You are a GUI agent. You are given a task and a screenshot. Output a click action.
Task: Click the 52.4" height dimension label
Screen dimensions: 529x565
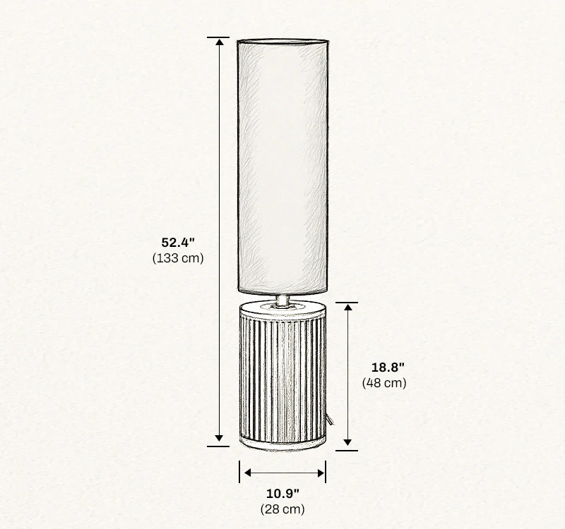coord(177,243)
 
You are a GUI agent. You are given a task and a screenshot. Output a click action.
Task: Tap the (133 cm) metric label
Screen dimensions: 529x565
coord(177,258)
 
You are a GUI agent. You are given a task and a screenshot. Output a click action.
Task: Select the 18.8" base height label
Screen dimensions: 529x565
coord(388,367)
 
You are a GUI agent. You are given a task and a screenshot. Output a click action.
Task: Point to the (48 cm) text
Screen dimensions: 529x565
coord(384,383)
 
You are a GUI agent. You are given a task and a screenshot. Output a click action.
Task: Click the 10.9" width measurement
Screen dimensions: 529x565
coord(282,492)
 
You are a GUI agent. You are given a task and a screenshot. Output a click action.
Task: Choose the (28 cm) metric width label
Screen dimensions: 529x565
coord(282,509)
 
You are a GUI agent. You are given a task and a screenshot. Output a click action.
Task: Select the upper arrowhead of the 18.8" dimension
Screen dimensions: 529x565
coord(347,308)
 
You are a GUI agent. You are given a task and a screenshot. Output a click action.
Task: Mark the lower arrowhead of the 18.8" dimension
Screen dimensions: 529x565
coord(347,443)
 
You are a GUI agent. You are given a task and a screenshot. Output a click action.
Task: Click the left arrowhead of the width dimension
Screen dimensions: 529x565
coord(245,473)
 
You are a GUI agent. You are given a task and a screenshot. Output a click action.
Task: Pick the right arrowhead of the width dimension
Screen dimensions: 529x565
coord(321,473)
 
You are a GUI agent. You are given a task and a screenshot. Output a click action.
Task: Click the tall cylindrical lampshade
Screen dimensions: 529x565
coord(282,166)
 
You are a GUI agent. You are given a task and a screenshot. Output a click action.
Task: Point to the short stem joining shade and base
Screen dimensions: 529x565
coord(282,300)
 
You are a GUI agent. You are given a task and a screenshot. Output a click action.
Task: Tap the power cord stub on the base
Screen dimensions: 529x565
coord(330,420)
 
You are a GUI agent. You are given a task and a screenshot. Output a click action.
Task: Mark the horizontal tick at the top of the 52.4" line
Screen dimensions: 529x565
coord(219,37)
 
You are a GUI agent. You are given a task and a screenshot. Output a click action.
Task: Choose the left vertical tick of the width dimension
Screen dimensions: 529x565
coord(239,473)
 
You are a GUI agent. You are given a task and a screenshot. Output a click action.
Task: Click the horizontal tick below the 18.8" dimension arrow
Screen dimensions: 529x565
coord(346,450)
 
